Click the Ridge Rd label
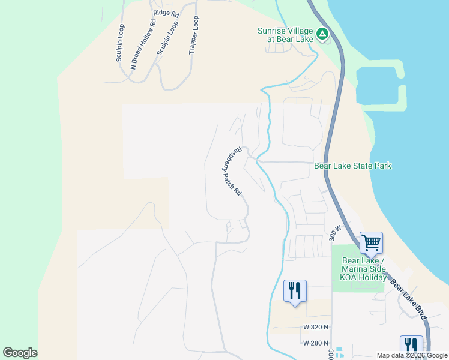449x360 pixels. tap(166, 13)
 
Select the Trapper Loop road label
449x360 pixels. tap(193, 35)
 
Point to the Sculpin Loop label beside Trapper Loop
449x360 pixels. tap(168, 39)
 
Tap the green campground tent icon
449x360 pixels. tap(322, 34)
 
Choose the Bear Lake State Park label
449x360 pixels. tap(353, 166)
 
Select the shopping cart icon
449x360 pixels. tap(371, 242)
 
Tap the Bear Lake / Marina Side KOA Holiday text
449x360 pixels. tap(363, 269)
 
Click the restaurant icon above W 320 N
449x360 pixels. tap(295, 291)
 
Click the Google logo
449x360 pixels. tap(20, 353)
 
